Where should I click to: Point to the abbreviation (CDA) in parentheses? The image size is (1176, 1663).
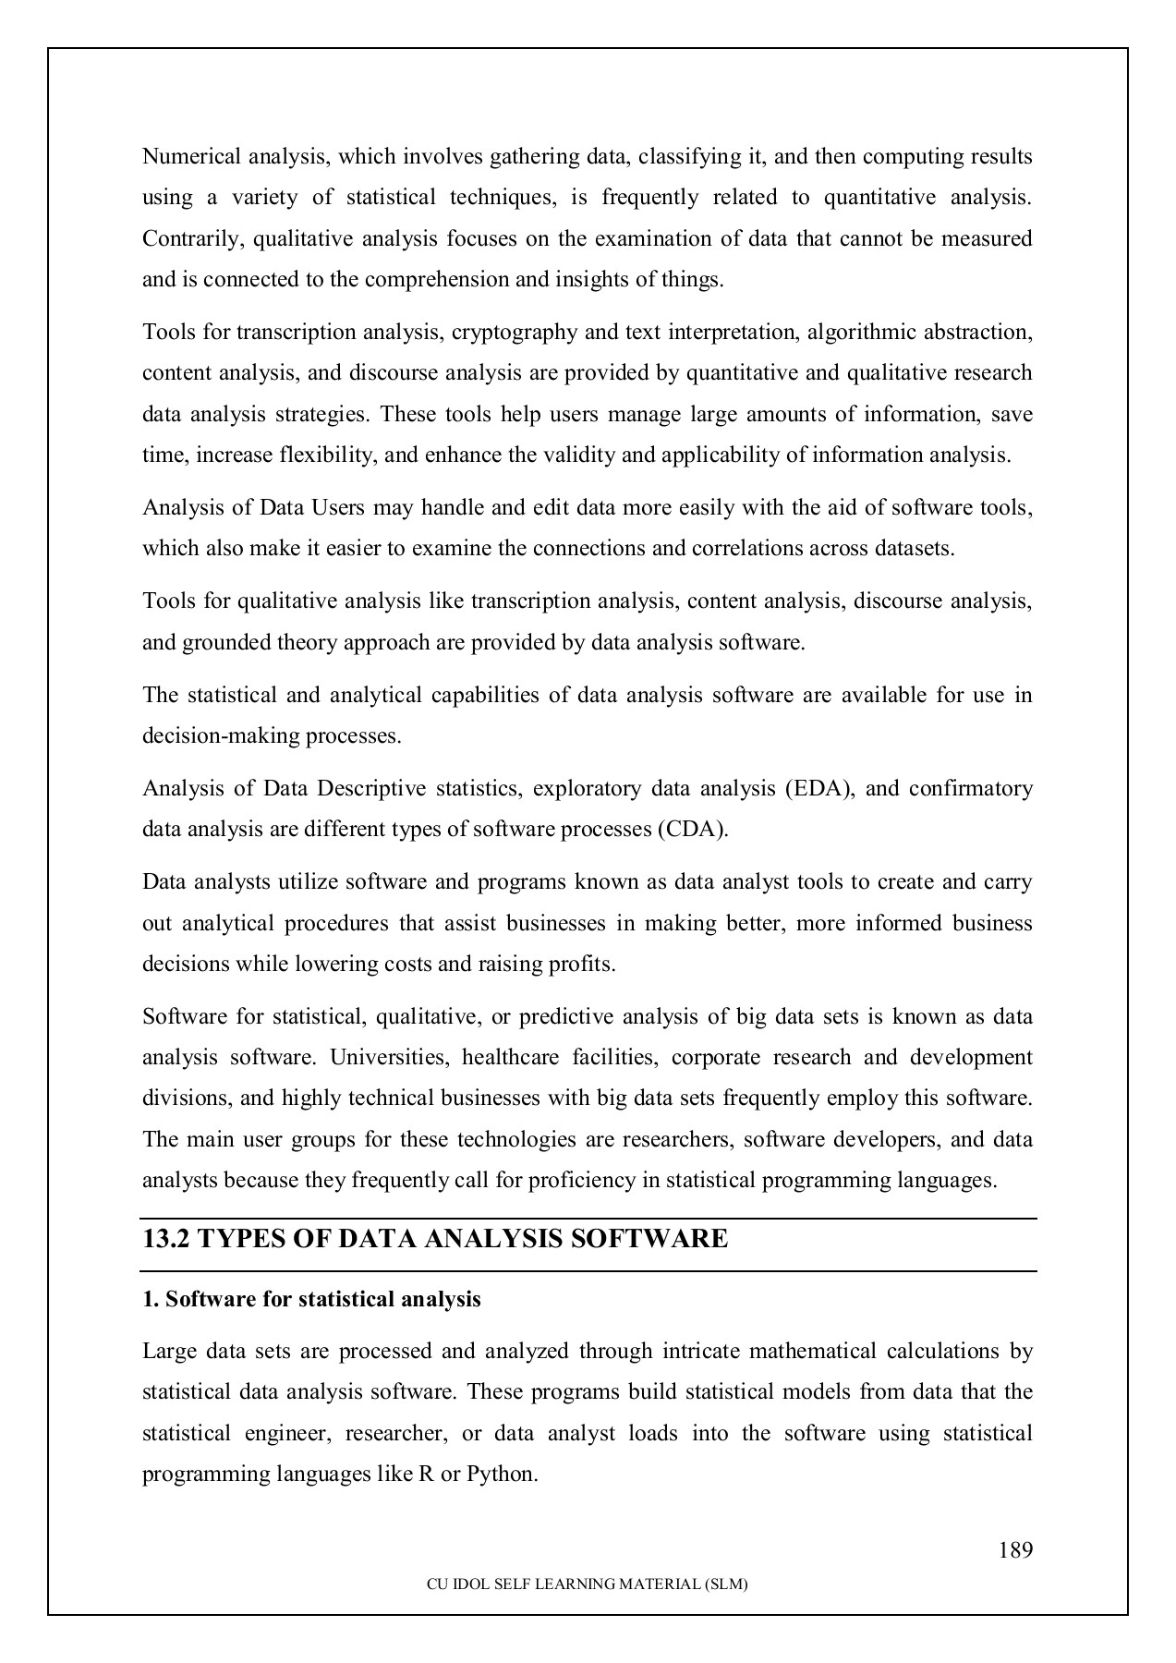[693, 830]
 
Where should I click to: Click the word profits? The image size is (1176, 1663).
[586, 965]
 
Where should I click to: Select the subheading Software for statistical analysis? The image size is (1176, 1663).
[311, 1300]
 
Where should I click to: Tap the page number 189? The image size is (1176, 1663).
[1015, 1550]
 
